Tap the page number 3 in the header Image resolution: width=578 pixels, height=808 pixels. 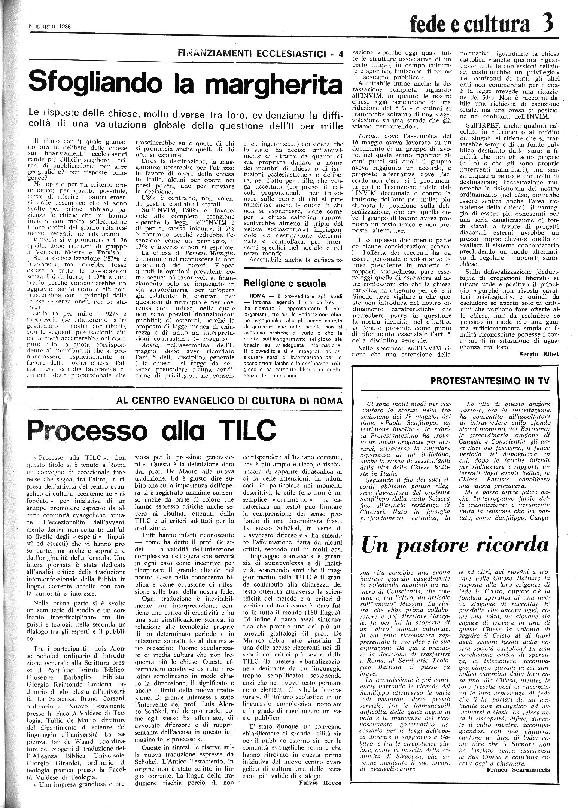coord(547,24)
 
